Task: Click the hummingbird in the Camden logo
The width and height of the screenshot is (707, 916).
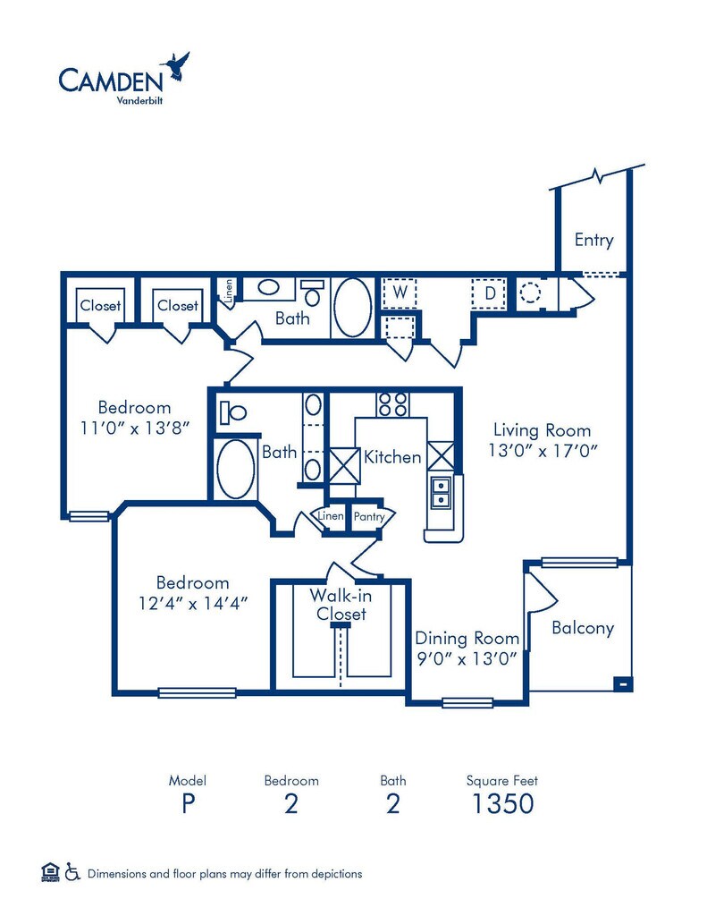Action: (x=175, y=66)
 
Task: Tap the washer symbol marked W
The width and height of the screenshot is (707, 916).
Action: (x=399, y=293)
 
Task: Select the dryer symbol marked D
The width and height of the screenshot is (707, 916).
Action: (x=490, y=293)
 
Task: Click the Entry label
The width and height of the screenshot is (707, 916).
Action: (x=593, y=240)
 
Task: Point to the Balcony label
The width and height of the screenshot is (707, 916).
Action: (x=583, y=628)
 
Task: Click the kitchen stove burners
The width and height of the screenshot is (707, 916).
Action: (x=392, y=403)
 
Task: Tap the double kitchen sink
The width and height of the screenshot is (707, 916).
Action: (x=440, y=493)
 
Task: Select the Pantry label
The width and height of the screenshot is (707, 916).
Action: (x=369, y=516)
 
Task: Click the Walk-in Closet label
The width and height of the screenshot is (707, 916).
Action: (x=341, y=605)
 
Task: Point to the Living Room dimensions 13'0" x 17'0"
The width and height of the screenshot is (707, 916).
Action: (x=543, y=451)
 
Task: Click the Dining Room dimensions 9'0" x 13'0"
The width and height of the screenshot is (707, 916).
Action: (x=467, y=659)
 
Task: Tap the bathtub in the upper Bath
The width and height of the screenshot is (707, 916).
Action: (x=351, y=307)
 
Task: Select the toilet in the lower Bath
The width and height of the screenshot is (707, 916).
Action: (x=233, y=412)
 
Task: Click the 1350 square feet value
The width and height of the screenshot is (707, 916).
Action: (x=502, y=804)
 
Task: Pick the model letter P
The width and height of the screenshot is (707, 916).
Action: (x=188, y=804)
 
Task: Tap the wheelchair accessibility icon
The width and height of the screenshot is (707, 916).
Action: (x=72, y=871)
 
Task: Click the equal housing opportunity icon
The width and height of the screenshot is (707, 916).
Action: (x=51, y=871)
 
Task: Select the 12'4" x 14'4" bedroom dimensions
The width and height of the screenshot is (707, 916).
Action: (x=193, y=603)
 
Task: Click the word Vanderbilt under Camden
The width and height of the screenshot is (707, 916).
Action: (x=139, y=100)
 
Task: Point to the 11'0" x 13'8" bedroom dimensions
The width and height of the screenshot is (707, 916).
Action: (x=135, y=428)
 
